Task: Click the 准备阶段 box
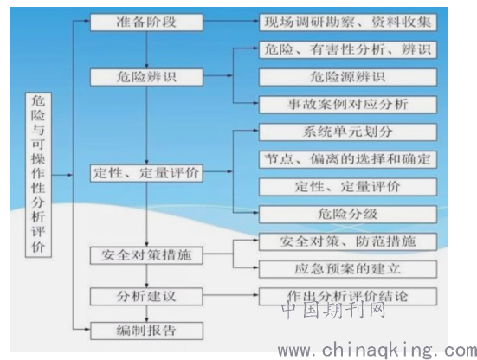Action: point(146,22)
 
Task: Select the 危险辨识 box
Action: point(146,77)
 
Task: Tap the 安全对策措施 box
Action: point(146,255)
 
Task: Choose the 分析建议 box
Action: point(146,297)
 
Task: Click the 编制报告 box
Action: point(146,331)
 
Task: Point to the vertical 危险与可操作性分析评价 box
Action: point(38,175)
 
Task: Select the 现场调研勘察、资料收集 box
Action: point(348,22)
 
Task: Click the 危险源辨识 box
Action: point(348,77)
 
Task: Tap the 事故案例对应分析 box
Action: point(348,105)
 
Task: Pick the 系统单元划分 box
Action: point(348,132)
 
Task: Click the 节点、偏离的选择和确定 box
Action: point(348,159)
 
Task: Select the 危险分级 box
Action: point(348,215)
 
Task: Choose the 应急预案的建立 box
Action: point(348,269)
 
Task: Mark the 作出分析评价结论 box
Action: point(348,297)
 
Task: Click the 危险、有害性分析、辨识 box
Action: point(348,49)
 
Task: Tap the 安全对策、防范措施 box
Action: point(348,241)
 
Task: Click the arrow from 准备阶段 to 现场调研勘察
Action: point(231,21)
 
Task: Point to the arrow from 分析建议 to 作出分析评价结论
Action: point(231,295)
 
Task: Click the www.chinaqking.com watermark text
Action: point(377,350)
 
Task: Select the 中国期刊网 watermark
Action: point(333,310)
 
